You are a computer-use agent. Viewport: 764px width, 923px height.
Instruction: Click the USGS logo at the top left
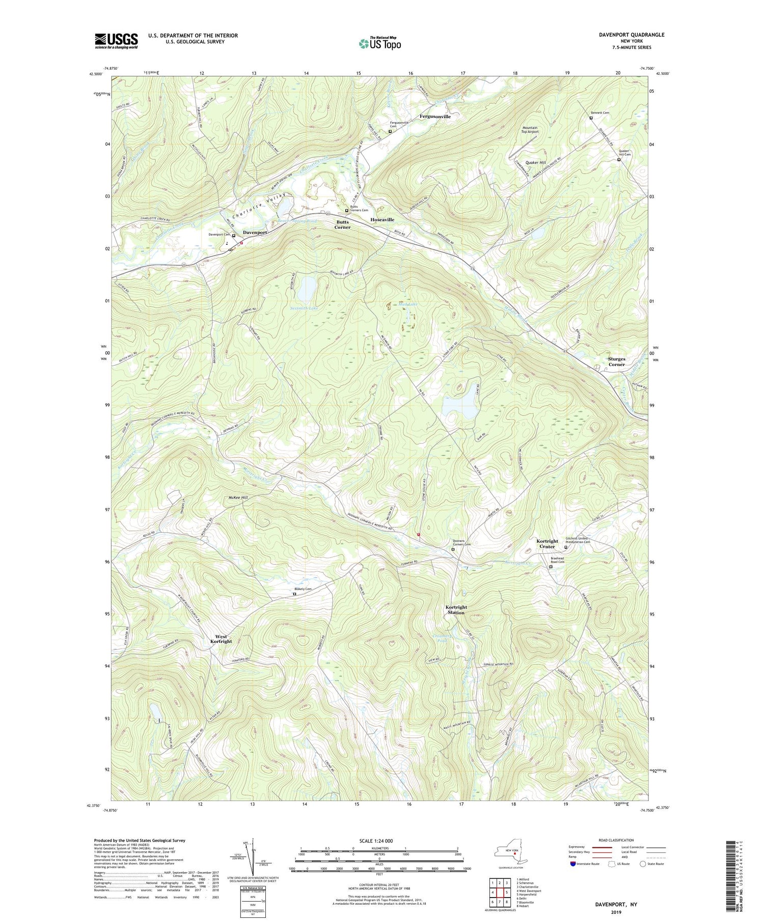[x=116, y=41]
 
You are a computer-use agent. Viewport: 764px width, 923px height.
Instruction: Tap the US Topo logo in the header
[x=379, y=44]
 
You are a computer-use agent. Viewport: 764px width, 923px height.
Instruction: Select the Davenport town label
[x=255, y=232]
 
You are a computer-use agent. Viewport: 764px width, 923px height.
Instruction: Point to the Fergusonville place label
[x=435, y=117]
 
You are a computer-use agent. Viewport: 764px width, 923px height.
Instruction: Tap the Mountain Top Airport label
[x=530, y=130]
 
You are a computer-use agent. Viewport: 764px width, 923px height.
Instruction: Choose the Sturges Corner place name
[x=616, y=361]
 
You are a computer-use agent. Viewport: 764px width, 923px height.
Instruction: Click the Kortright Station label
[x=455, y=610]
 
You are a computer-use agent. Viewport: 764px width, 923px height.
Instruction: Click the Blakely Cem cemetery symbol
[x=294, y=594]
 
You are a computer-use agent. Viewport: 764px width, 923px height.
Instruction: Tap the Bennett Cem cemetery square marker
[x=591, y=118]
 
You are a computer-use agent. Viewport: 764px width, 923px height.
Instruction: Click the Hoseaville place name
[x=382, y=219]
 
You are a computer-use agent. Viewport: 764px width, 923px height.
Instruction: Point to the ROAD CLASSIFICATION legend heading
[x=616, y=840]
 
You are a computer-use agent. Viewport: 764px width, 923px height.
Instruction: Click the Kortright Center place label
[x=547, y=544]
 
